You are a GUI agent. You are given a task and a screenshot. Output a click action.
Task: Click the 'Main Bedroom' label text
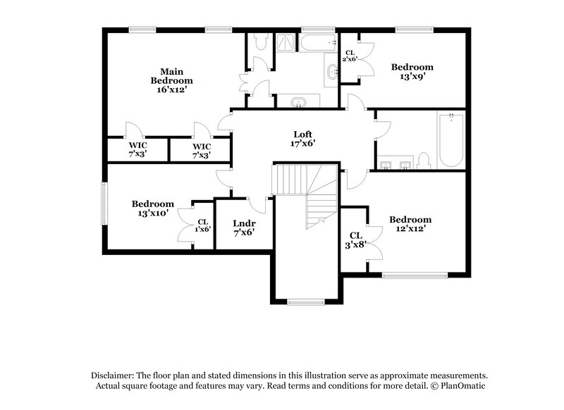171,75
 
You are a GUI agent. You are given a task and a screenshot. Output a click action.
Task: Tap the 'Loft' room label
303,134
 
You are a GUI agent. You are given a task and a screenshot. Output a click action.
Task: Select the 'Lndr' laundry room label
243,223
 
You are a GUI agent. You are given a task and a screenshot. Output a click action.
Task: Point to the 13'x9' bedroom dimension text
413,77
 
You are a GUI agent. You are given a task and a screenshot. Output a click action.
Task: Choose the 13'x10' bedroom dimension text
152,213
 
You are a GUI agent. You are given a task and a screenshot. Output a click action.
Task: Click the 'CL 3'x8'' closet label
355,240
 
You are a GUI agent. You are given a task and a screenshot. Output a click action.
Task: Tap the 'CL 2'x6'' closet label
350,56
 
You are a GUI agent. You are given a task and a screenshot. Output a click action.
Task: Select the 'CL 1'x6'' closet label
202,225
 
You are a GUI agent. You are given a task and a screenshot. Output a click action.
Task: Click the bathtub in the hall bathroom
449,141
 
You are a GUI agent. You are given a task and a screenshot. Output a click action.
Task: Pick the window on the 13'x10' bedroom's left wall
104,204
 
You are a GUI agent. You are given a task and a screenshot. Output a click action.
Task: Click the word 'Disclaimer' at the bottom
114,375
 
